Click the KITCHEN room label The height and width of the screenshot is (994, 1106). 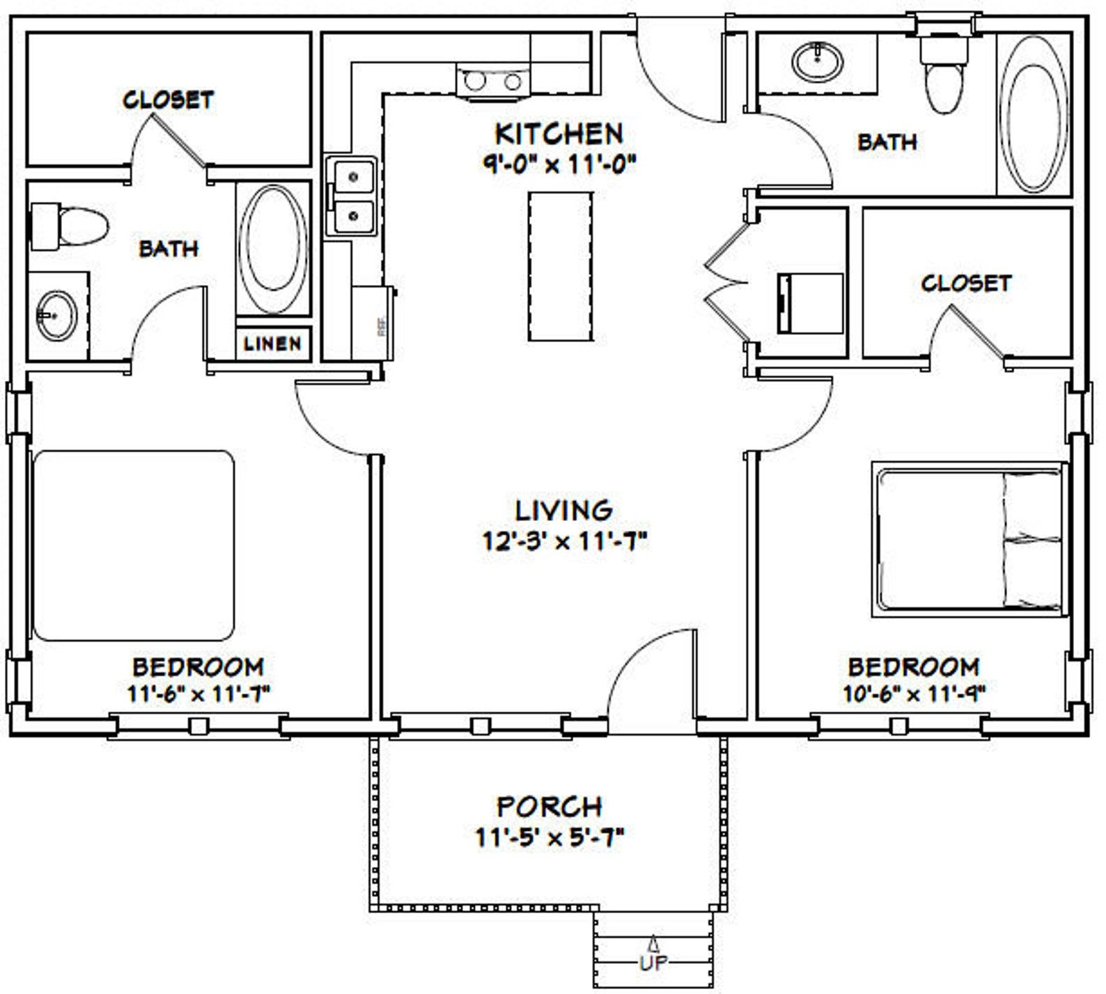(x=558, y=132)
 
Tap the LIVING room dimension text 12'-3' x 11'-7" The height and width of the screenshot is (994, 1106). (x=565, y=541)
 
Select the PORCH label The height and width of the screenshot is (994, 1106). (x=549, y=807)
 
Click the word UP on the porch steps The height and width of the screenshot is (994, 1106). (x=653, y=963)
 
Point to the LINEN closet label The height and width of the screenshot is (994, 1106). (x=273, y=343)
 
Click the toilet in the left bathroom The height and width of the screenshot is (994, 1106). (x=70, y=227)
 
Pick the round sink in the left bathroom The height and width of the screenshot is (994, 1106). (x=56, y=316)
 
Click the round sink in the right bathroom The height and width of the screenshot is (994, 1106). (x=818, y=61)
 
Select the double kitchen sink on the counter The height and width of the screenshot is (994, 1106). (x=352, y=197)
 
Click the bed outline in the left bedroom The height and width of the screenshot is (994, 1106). (x=134, y=545)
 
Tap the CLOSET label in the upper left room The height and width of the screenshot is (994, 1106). (x=168, y=100)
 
